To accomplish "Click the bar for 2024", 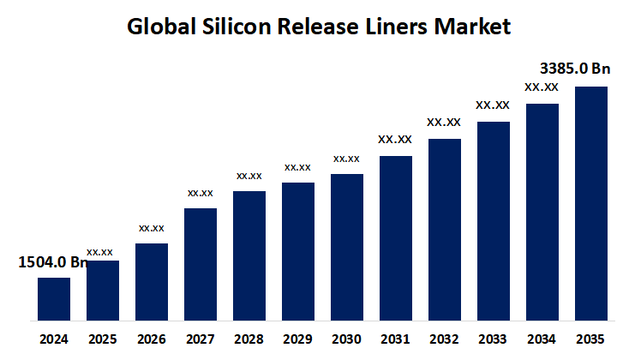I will click(x=54, y=299).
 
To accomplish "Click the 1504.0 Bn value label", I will click(x=53, y=262).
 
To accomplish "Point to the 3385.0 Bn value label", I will click(x=573, y=69).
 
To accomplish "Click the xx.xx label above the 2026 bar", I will click(x=152, y=228).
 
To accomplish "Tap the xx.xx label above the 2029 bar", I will click(x=298, y=167).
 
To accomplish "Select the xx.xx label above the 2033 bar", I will click(x=493, y=105).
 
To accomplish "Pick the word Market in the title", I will click(x=474, y=27).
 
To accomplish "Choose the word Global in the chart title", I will click(x=159, y=27).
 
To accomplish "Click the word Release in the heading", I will click(x=316, y=27).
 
